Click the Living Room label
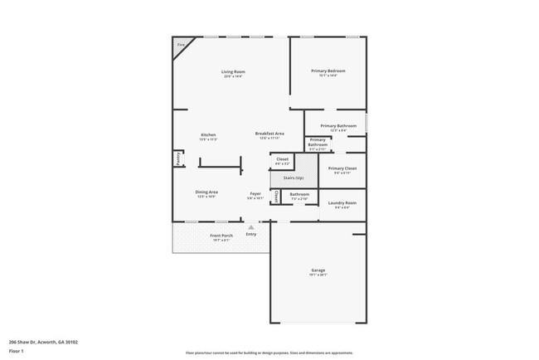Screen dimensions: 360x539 233,71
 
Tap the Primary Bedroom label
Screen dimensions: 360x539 328,71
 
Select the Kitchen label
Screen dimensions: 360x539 208,135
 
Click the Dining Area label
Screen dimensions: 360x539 206,192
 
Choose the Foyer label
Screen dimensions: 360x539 255,193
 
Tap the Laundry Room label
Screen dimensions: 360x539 342,202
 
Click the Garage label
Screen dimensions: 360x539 318,270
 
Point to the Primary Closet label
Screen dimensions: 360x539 342,168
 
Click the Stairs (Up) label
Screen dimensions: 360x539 294,178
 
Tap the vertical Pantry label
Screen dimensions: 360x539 177,158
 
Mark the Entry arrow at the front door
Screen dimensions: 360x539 250,226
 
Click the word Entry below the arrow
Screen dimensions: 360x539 250,234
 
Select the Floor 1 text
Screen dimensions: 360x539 17,351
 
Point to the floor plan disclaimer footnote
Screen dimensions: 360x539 269,351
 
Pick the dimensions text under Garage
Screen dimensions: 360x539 318,275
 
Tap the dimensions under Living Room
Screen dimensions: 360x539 233,76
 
